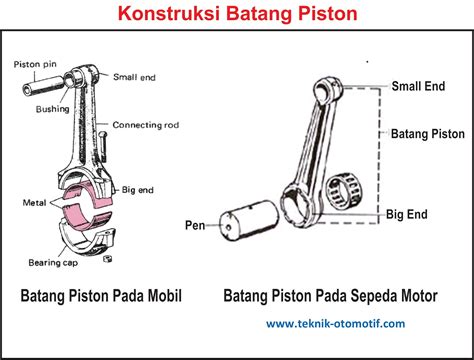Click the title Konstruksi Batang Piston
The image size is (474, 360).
click(236, 15)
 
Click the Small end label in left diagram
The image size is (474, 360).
click(136, 75)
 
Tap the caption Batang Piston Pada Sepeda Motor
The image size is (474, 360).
click(332, 296)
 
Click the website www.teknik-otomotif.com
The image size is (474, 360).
click(335, 324)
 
